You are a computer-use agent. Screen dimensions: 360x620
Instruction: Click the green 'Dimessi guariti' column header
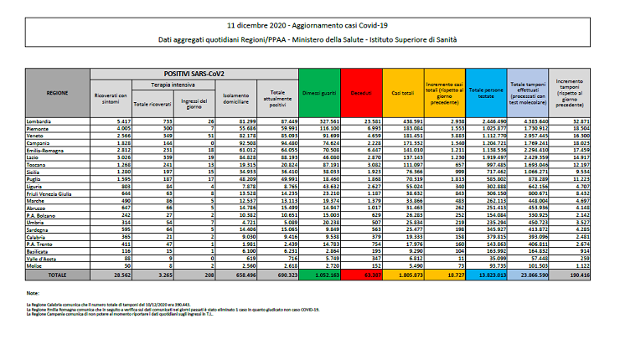point(320,94)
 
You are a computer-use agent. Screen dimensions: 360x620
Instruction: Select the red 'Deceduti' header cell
point(362,94)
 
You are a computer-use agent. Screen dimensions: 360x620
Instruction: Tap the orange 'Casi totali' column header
point(403,94)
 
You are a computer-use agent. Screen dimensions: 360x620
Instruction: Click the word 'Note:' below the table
point(33,292)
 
